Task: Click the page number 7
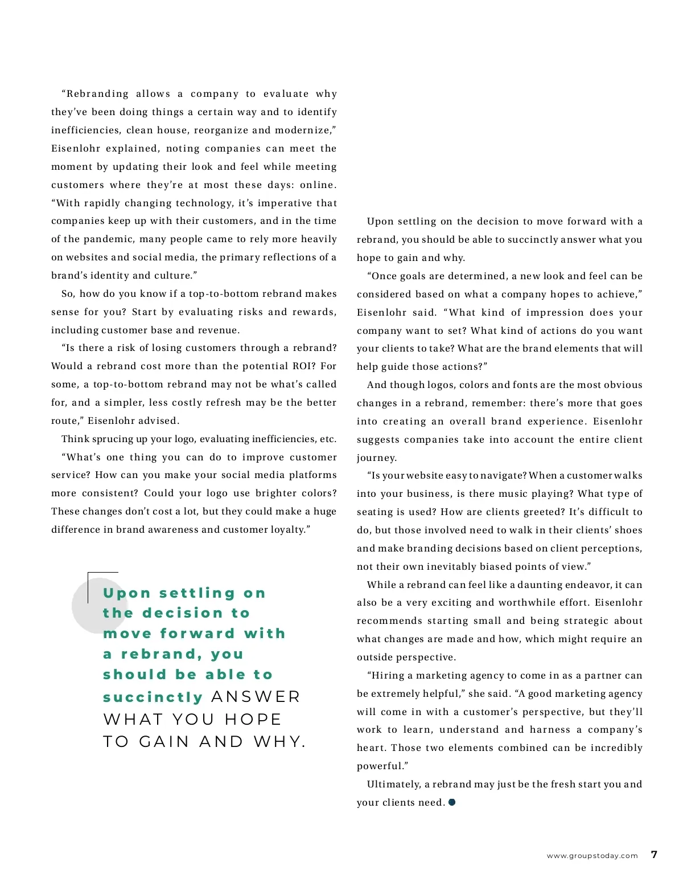point(654,855)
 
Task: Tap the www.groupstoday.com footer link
point(592,856)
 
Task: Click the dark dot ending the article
point(452,802)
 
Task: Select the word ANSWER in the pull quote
point(256,697)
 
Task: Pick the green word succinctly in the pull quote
point(153,697)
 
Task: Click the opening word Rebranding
point(97,93)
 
